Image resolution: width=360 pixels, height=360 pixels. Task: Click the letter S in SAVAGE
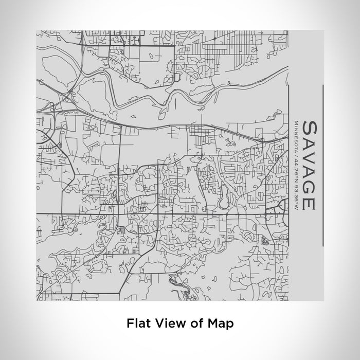pyautogui.click(x=309, y=128)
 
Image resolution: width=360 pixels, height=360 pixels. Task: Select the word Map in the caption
pyautogui.click(x=222, y=323)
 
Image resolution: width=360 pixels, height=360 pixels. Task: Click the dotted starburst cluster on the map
pyautogui.click(x=265, y=240)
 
